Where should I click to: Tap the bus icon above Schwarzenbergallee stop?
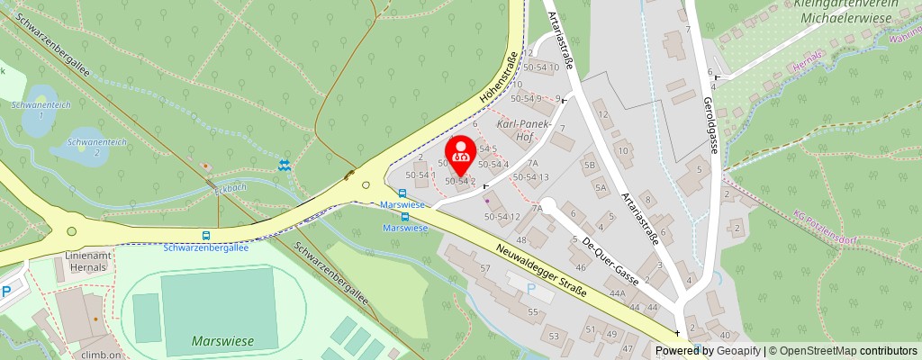point(207,236)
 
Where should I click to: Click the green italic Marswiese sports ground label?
point(222,341)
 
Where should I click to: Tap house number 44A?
point(617,293)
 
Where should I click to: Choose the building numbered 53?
point(555,336)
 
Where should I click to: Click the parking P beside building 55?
point(529,289)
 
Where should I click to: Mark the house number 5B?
point(590,166)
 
